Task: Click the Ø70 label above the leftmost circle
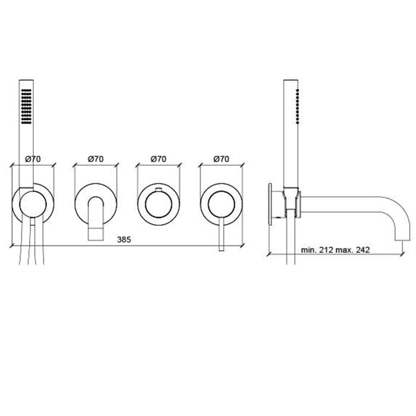click(x=33, y=159)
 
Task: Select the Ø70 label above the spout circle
click(x=96, y=159)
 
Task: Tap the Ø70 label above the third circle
click(x=158, y=159)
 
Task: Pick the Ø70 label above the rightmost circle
click(x=221, y=159)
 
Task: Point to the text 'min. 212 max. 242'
click(x=336, y=250)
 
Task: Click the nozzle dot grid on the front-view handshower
click(x=26, y=105)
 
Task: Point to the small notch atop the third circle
click(x=158, y=189)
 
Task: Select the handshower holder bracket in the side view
click(x=291, y=199)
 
